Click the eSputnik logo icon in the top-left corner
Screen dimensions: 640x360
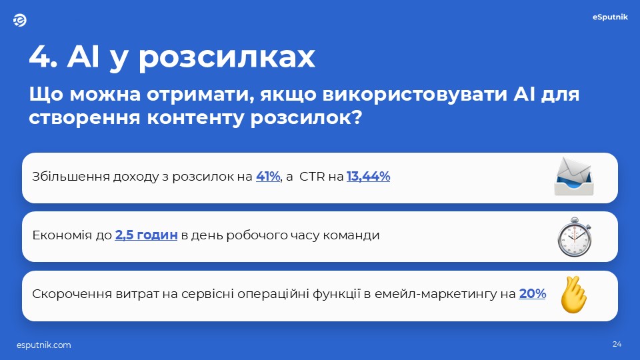click(19, 20)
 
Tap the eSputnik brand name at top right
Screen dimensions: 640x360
click(610, 17)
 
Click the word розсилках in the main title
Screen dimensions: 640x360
click(227, 57)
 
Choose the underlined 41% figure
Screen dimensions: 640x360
click(268, 176)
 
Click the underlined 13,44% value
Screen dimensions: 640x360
click(368, 176)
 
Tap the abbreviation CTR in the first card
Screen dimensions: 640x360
click(312, 176)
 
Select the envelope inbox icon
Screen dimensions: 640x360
click(574, 176)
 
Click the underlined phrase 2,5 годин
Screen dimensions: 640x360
click(146, 235)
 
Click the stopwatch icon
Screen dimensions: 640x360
click(574, 237)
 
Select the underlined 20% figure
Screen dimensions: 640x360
click(532, 294)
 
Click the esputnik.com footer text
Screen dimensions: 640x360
click(44, 345)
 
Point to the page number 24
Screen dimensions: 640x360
click(617, 344)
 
